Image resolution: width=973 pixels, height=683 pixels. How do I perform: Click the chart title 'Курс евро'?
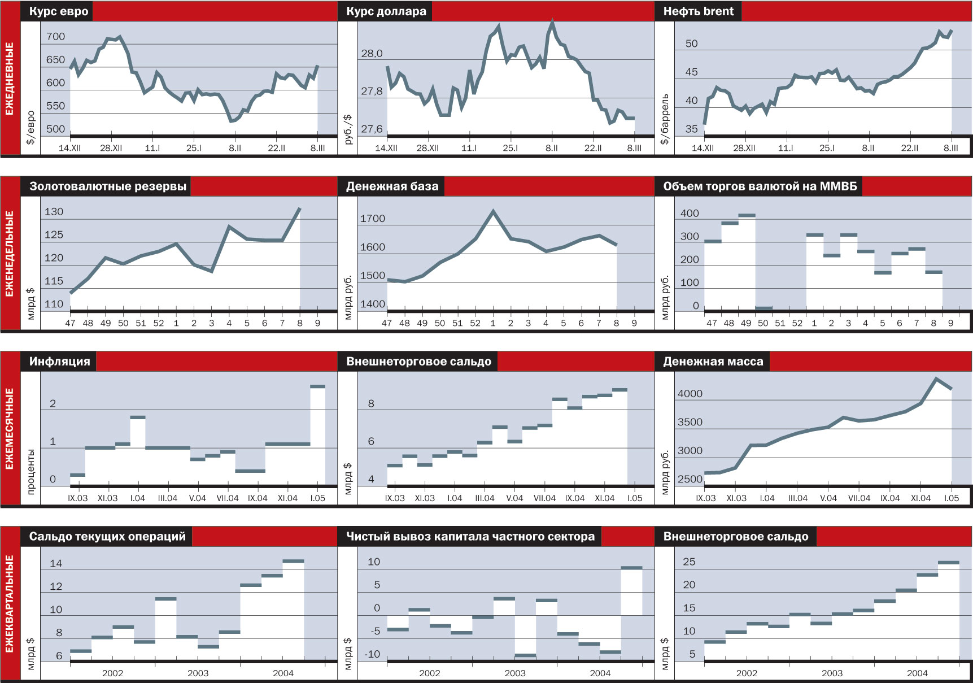pyautogui.click(x=58, y=12)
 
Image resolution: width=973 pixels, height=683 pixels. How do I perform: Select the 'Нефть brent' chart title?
pyautogui.click(x=698, y=12)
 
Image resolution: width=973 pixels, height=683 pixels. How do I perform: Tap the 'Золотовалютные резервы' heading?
pyautogui.click(x=107, y=187)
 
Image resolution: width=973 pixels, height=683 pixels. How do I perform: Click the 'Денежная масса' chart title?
pyautogui.click(x=713, y=362)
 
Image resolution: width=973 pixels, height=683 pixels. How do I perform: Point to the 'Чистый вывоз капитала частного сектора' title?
pyautogui.click(x=470, y=537)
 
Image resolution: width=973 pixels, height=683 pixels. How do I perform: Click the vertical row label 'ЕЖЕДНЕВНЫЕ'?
pyautogui.click(x=10, y=79)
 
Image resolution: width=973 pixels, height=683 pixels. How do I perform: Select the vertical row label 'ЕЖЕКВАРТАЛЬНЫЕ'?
pyautogui.click(x=10, y=604)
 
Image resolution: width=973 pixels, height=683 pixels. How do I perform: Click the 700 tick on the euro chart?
pyautogui.click(x=55, y=37)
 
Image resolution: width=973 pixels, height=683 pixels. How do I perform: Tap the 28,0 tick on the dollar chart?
pyautogui.click(x=372, y=54)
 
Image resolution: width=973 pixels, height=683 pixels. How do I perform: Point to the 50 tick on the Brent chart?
pyautogui.click(x=691, y=44)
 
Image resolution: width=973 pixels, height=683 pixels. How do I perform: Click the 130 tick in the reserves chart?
pyautogui.click(x=54, y=212)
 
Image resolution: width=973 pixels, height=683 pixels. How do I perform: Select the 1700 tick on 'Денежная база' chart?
pyautogui.click(x=372, y=219)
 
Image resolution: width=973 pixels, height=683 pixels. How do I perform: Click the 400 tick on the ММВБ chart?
pyautogui.click(x=690, y=214)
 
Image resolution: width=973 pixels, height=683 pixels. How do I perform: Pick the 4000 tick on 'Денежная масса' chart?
pyautogui.click(x=690, y=394)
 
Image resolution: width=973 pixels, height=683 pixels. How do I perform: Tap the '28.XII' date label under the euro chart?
pyautogui.click(x=111, y=148)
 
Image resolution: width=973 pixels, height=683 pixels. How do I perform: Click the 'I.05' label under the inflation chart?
pyautogui.click(x=317, y=498)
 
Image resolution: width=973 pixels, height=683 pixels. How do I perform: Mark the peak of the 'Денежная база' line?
pyautogui.click(x=493, y=211)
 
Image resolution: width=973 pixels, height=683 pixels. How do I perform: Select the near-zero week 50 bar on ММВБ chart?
pyautogui.click(x=763, y=308)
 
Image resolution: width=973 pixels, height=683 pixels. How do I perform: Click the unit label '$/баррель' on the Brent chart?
pyautogui.click(x=665, y=119)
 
